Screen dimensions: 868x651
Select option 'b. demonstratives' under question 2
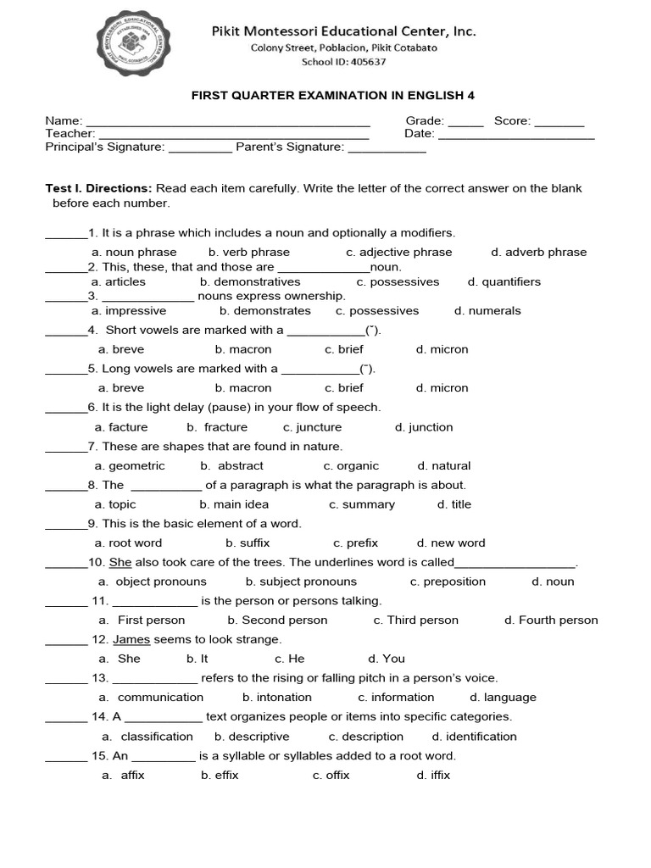pyautogui.click(x=250, y=281)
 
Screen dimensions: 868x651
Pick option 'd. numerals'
pyautogui.click(x=487, y=310)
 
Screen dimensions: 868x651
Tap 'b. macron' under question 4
pyautogui.click(x=243, y=349)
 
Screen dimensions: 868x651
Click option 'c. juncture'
pyautogui.click(x=312, y=427)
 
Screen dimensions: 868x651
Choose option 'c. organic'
pyautogui.click(x=351, y=465)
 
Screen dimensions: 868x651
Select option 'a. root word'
pyautogui.click(x=128, y=542)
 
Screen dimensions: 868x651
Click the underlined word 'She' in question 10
pyautogui.click(x=120, y=562)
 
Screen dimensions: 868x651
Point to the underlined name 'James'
pyautogui.click(x=131, y=639)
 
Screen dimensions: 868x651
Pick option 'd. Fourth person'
pyautogui.click(x=551, y=620)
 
